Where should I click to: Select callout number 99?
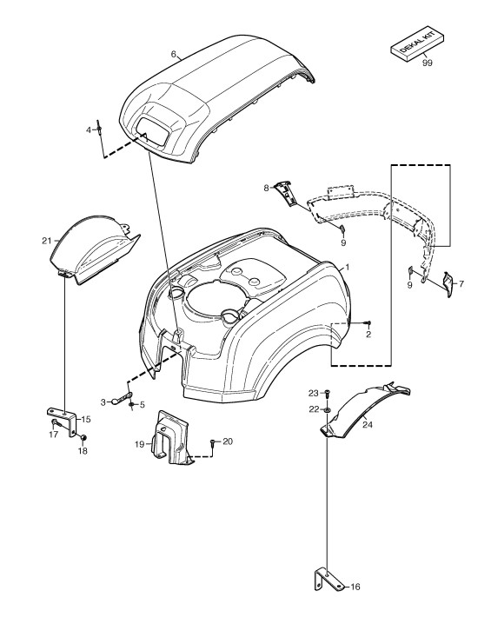pyautogui.click(x=427, y=63)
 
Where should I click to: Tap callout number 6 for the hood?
pyautogui.click(x=174, y=54)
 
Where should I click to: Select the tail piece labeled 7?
pyautogui.click(x=448, y=284)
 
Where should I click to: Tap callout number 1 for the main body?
pyautogui.click(x=347, y=267)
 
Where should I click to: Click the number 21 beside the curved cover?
pyautogui.click(x=47, y=241)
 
